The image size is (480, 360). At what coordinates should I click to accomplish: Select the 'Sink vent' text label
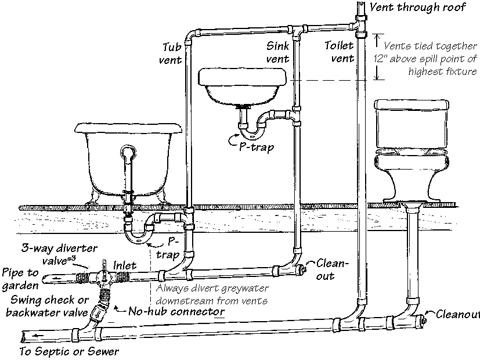(277, 52)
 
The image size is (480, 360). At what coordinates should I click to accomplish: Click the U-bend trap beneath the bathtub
(138, 233)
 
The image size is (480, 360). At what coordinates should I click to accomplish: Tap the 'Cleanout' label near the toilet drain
(456, 314)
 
